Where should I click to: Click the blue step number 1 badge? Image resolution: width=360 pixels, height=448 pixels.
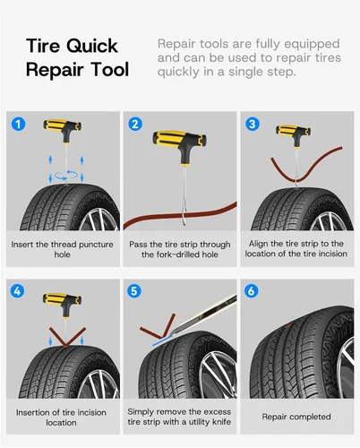tap(18, 124)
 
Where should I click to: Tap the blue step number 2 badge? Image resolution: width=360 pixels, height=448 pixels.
tap(135, 124)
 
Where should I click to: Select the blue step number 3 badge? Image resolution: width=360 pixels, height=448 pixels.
tap(253, 124)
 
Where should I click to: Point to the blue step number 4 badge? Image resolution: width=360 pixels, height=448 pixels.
tap(17, 290)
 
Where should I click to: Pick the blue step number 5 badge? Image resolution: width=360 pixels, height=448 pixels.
tap(134, 290)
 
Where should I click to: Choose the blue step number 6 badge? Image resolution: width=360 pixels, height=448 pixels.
tap(252, 290)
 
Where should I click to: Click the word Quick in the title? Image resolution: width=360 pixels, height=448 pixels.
tap(92, 47)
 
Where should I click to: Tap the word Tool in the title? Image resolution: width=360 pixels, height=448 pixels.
tap(110, 70)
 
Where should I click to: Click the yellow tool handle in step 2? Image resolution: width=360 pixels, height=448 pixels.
tap(179, 139)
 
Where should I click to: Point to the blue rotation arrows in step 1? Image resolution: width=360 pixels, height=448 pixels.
tap(66, 176)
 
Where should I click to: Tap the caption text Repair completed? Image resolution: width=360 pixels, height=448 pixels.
tap(296, 417)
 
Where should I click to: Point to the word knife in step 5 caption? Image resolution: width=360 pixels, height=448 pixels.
tap(221, 422)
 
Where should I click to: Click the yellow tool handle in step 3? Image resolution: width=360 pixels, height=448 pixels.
tap(294, 132)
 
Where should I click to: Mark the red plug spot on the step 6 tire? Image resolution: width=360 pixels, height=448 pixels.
tap(287, 325)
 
